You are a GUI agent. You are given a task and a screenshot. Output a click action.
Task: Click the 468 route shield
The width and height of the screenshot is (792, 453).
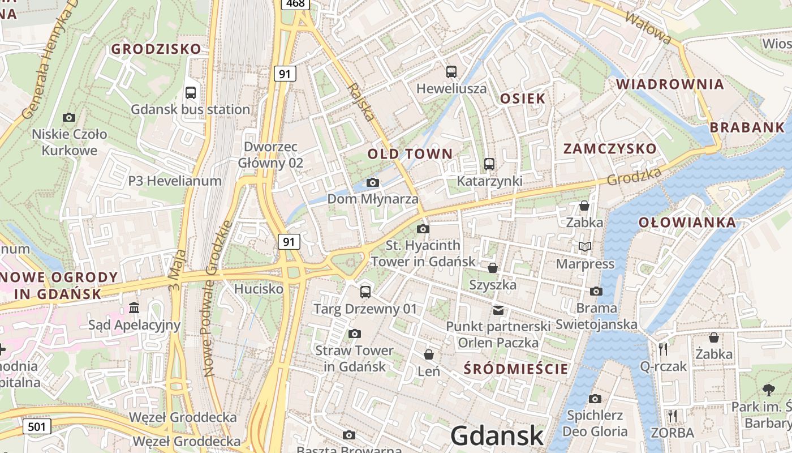(295, 4)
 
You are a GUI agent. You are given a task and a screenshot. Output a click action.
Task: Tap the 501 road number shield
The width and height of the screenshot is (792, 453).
(37, 426)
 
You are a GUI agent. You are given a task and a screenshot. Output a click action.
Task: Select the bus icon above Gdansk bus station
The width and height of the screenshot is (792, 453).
(191, 92)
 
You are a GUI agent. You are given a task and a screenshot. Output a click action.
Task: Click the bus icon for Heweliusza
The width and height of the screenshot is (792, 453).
(451, 72)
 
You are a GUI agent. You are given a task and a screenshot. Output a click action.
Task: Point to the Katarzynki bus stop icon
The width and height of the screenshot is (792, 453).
(489, 164)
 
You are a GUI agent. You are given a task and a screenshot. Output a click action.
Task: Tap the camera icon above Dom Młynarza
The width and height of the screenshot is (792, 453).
(372, 182)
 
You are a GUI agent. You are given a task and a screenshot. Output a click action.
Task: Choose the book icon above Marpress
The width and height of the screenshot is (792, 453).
(585, 247)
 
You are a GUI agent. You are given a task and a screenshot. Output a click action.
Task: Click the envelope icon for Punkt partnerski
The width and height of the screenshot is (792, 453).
(498, 310)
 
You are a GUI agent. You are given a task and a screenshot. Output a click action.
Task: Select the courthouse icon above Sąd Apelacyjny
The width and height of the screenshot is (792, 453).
(134, 308)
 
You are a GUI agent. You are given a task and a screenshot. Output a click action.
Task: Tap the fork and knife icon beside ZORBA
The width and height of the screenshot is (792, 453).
(672, 416)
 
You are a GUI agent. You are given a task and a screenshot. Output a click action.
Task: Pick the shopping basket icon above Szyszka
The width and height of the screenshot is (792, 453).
(493, 268)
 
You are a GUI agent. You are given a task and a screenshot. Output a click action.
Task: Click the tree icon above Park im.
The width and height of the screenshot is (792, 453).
(768, 390)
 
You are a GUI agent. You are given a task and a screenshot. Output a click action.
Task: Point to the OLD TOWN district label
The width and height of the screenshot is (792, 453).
(410, 154)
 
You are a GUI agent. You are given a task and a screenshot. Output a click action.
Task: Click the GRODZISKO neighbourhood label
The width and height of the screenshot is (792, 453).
(156, 49)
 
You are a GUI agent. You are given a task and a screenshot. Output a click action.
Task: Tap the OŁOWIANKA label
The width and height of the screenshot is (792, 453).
(687, 223)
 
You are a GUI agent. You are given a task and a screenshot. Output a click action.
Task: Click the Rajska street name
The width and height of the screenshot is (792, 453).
(361, 102)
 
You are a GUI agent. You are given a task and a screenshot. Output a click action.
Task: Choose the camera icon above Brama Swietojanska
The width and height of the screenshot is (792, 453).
(596, 292)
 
